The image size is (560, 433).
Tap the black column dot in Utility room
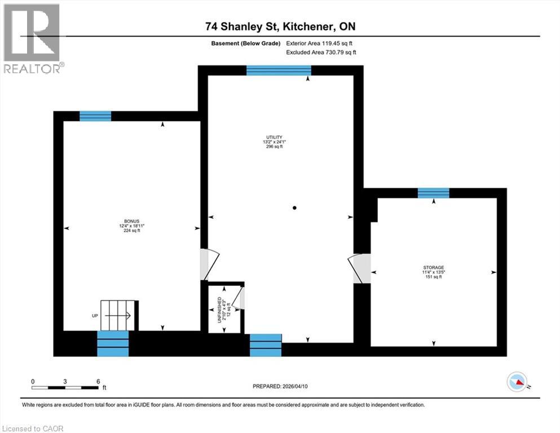pos(294,208)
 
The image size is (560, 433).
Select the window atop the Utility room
pos(279,70)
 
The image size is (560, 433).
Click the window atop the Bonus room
pos(95,116)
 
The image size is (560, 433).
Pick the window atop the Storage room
pos(433,193)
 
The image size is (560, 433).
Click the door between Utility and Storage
pos(359,268)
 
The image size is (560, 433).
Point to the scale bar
pos(65,388)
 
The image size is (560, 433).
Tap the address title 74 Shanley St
pos(280,26)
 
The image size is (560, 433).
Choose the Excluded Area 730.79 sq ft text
pos(321,52)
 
